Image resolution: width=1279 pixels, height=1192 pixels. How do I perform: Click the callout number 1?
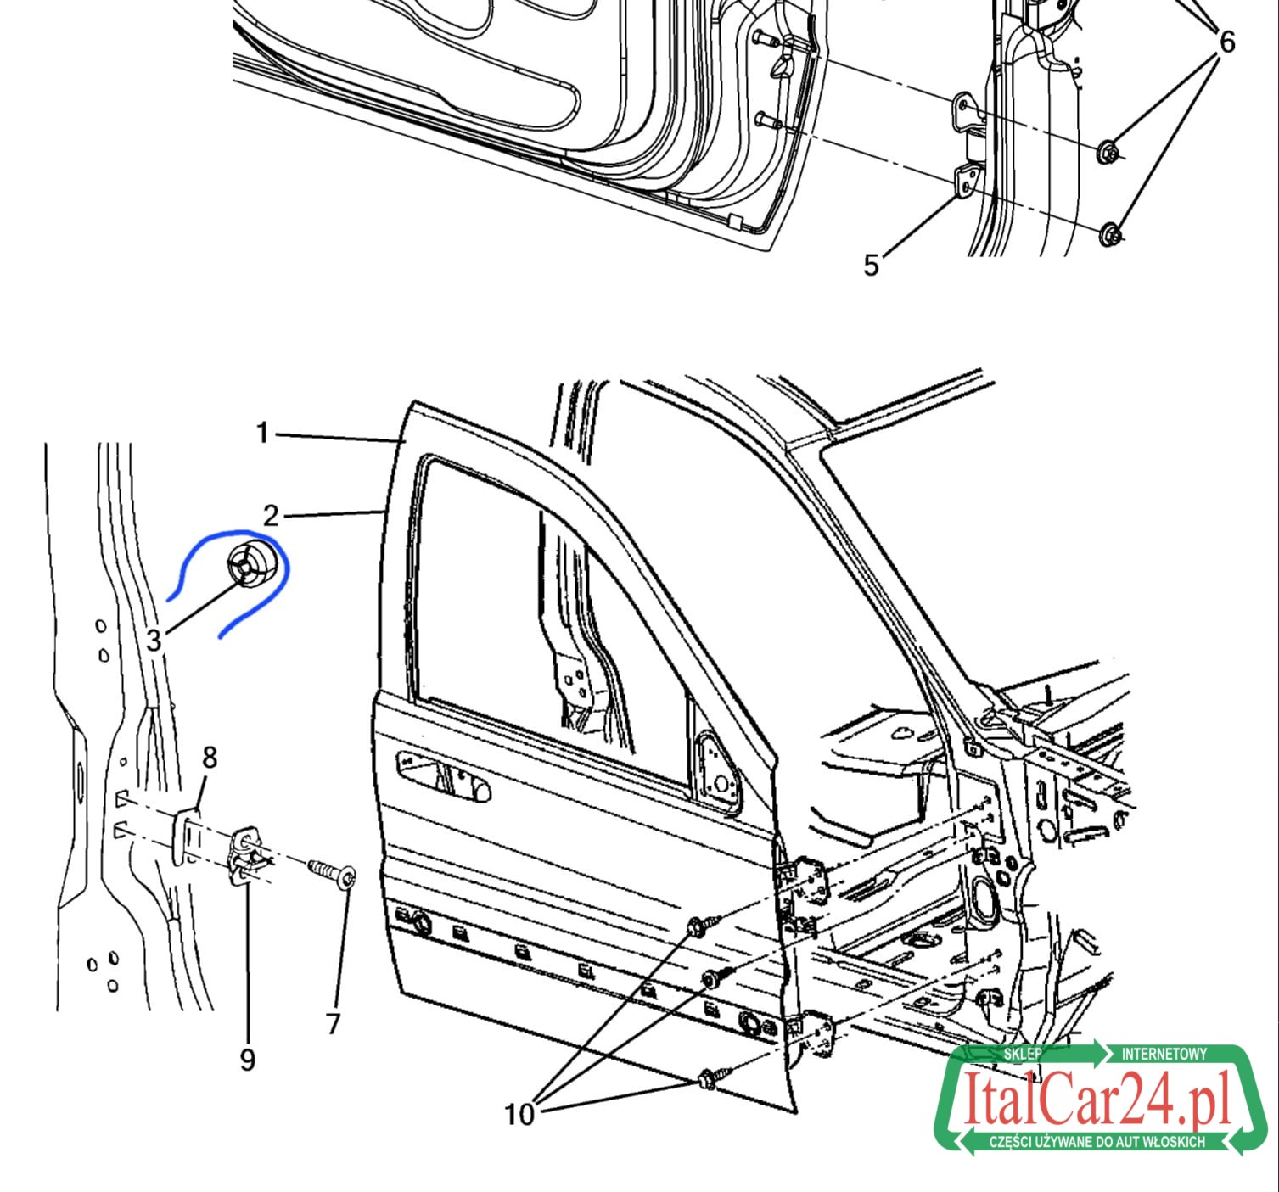pyautogui.click(x=262, y=433)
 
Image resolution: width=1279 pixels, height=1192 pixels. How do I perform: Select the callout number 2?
pyautogui.click(x=271, y=516)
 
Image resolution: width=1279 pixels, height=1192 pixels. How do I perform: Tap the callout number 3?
pyautogui.click(x=154, y=640)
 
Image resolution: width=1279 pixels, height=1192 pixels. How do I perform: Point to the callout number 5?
pyautogui.click(x=871, y=266)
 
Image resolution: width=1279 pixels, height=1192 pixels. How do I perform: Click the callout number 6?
pyautogui.click(x=1227, y=42)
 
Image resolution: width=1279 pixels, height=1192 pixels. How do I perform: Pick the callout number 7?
pyautogui.click(x=333, y=1023)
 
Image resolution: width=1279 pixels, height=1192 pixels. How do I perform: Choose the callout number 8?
pyautogui.click(x=210, y=758)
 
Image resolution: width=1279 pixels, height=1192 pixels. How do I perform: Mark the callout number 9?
pyautogui.click(x=247, y=1060)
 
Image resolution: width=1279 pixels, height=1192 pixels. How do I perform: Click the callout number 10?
pyautogui.click(x=519, y=1114)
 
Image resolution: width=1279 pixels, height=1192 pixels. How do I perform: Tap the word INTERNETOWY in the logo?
pyautogui.click(x=1164, y=1055)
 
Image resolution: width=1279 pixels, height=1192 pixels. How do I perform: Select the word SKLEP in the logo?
pyautogui.click(x=1023, y=1055)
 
